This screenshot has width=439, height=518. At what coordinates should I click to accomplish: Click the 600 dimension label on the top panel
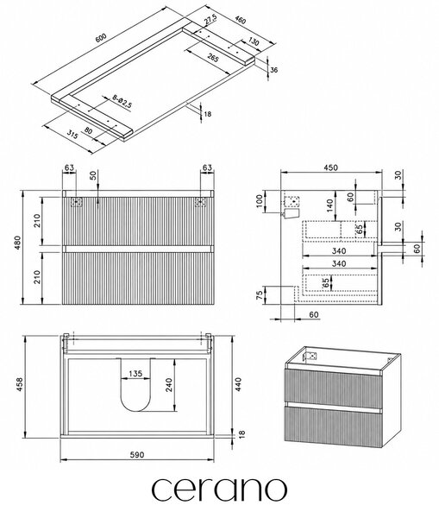click(x=101, y=38)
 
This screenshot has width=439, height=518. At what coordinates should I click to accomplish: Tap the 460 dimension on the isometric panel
click(x=240, y=21)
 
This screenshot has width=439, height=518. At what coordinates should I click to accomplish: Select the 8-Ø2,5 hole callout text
click(x=122, y=101)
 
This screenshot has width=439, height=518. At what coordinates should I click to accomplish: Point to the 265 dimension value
click(x=213, y=58)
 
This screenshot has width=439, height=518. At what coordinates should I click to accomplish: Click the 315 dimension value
click(x=72, y=134)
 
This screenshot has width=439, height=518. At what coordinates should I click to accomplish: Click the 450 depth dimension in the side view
click(x=330, y=167)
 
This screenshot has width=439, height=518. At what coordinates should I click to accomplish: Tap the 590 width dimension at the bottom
click(x=136, y=455)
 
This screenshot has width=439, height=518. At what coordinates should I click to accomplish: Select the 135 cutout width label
click(x=135, y=374)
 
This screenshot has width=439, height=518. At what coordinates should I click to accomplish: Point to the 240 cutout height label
click(x=169, y=385)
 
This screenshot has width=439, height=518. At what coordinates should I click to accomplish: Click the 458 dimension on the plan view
click(x=20, y=385)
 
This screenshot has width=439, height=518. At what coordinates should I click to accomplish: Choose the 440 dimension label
click(x=238, y=384)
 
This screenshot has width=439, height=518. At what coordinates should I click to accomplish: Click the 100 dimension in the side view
click(x=260, y=201)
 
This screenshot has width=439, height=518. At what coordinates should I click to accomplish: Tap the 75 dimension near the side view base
click(x=260, y=295)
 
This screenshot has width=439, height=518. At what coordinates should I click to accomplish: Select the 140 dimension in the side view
click(x=330, y=206)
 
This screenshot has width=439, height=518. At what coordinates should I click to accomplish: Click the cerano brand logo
click(x=219, y=490)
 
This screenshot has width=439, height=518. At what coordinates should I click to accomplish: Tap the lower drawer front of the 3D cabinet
click(x=334, y=426)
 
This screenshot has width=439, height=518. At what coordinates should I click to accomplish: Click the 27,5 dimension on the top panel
click(x=210, y=20)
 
